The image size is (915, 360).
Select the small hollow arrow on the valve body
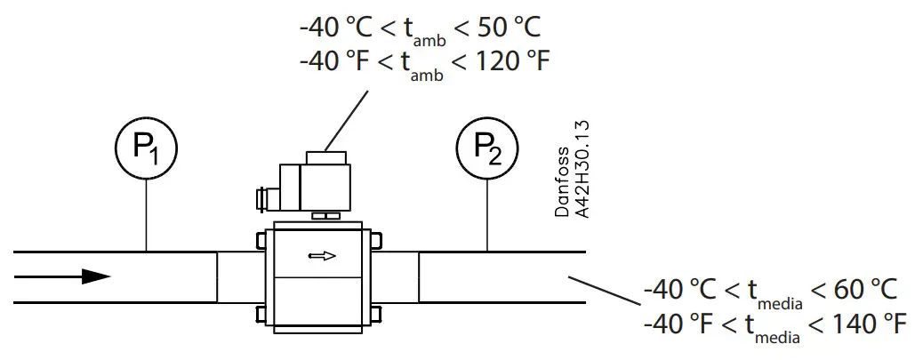(x=322, y=256)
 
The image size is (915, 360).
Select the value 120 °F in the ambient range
(x=506, y=63)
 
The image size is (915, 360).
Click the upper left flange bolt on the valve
(x=261, y=240)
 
